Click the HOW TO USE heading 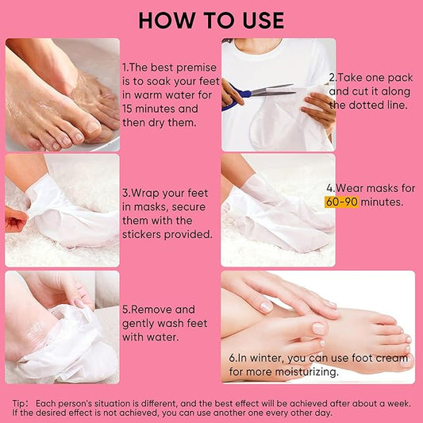(x=211, y=19)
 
